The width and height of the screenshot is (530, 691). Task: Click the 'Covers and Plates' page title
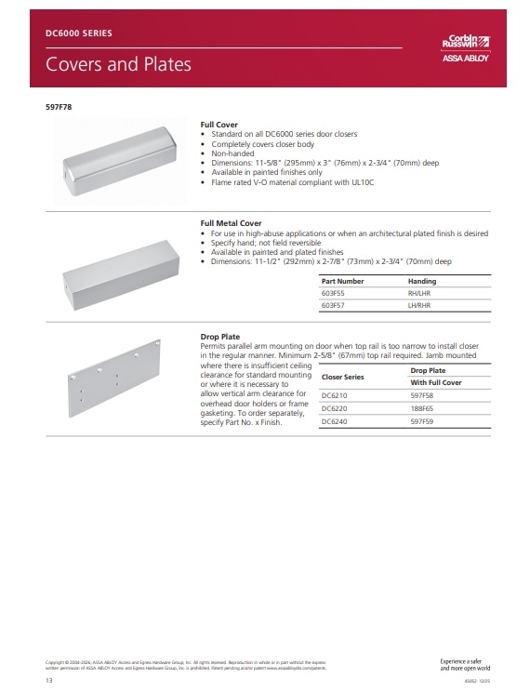tap(118, 64)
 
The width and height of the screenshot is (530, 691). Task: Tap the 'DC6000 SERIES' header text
tap(78, 33)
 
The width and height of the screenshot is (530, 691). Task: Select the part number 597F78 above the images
tap(59, 107)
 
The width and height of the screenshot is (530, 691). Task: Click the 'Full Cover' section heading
tap(219, 124)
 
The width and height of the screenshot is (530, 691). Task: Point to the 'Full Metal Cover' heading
tap(232, 223)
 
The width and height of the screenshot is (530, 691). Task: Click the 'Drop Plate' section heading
tap(220, 336)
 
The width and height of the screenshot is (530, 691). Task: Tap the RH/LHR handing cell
tap(420, 292)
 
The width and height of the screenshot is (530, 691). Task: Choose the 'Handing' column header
tap(421, 281)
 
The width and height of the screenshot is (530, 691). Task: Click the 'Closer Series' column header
tap(342, 378)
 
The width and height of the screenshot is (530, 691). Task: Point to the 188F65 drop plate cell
tap(422, 407)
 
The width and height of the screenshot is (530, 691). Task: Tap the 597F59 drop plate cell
tap(422, 420)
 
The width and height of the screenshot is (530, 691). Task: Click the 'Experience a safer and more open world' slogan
tap(465, 664)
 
